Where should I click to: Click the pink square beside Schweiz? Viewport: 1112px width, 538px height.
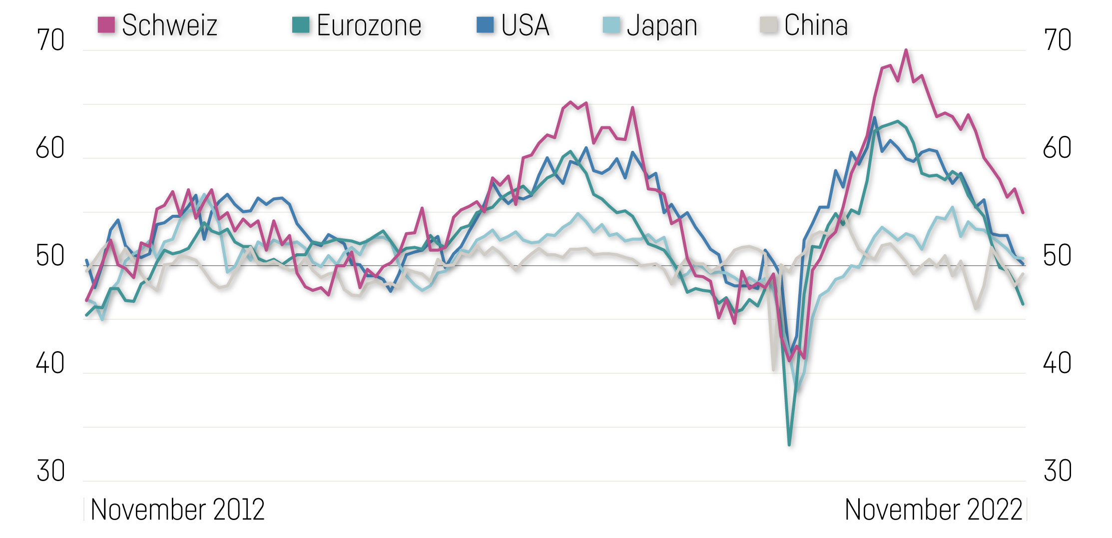(x=106, y=24)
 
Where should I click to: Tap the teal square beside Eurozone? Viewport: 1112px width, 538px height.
(x=301, y=24)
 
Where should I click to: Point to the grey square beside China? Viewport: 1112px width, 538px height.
(x=768, y=24)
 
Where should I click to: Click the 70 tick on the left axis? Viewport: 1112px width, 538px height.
(x=50, y=40)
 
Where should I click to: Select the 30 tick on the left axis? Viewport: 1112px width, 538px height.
(x=50, y=471)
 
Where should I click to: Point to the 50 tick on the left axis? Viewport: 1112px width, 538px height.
(x=50, y=256)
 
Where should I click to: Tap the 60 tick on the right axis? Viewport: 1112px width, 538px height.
(x=1057, y=148)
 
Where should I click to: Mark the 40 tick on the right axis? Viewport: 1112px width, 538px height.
(x=1057, y=363)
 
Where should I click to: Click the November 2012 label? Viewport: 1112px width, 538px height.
(x=177, y=510)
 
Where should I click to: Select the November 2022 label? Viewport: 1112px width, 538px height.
(x=933, y=510)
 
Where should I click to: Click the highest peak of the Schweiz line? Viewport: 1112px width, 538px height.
(x=906, y=50)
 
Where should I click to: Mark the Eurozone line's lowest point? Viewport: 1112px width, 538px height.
(x=789, y=444)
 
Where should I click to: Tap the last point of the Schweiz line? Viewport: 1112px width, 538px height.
(x=1023, y=213)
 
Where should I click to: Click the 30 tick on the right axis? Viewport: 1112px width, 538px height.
(x=1057, y=471)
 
